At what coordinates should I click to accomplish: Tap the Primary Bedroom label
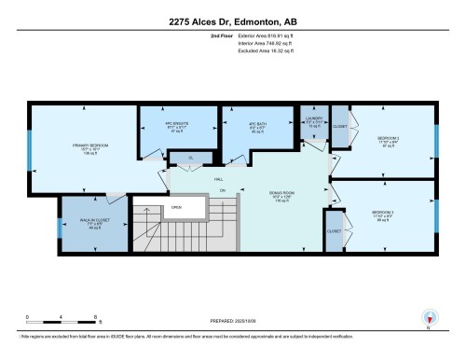92,148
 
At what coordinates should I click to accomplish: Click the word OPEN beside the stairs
175,208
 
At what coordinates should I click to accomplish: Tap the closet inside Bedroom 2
339,126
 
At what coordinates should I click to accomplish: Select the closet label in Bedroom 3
334,229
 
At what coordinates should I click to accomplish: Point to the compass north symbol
429,317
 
